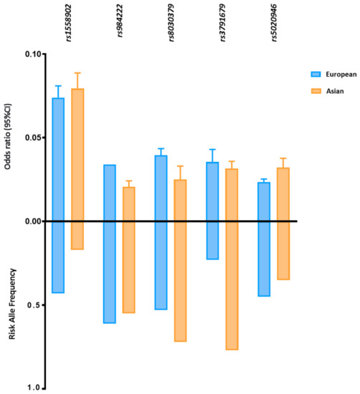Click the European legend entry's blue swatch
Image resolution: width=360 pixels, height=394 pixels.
[315, 74]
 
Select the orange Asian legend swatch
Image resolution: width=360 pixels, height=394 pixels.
[315, 92]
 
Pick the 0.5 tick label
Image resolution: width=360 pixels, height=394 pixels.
[33, 305]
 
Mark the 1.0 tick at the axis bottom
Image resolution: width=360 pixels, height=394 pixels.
[33, 388]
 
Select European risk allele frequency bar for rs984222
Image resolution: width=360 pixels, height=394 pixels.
[109, 272]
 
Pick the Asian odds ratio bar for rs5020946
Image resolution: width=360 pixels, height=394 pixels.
[283, 194]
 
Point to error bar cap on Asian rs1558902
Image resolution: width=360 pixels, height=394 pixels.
[77, 73]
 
